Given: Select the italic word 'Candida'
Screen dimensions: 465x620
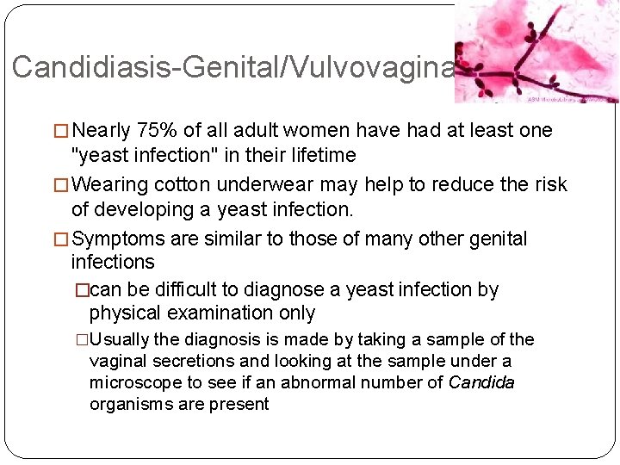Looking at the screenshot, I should point(482,382).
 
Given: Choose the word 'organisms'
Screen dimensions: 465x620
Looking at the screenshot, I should point(131,404).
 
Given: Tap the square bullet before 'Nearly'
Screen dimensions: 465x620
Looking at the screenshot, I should point(62,132).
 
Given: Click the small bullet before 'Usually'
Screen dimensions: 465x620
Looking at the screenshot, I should point(84,340).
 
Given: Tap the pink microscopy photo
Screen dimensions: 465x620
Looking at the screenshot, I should point(536,52).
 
